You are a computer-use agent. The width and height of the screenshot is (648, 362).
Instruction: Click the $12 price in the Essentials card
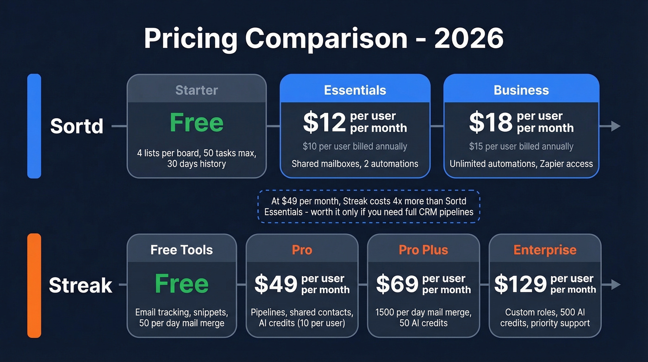324,122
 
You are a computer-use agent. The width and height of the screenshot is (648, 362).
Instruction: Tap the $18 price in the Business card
490,122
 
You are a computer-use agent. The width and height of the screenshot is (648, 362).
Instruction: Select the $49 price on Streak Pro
275,284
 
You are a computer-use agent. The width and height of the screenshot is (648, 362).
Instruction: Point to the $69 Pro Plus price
397,284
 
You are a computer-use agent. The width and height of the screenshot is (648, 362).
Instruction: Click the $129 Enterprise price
520,284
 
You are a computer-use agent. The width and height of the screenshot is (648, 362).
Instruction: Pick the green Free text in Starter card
197,123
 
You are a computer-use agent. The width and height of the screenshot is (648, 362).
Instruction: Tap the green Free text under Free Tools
181,284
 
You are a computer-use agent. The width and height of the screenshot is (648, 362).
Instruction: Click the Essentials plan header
355,90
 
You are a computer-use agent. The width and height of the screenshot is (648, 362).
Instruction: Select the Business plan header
521,90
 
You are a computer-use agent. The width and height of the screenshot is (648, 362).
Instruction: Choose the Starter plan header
197,90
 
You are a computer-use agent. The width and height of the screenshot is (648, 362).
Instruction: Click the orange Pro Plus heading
424,250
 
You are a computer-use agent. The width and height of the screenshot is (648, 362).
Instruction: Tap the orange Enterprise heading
545,250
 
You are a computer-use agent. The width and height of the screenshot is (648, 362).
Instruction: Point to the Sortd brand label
77,126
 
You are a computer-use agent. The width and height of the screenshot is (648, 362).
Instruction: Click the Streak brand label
81,286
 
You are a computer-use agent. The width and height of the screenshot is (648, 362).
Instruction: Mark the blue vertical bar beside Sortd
34,126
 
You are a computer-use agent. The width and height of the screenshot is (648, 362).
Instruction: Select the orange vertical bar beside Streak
34,286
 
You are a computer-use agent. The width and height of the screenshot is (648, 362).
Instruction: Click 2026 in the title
469,39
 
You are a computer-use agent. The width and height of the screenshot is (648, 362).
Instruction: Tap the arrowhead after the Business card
615,126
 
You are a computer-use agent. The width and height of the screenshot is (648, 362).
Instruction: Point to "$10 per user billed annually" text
355,146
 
